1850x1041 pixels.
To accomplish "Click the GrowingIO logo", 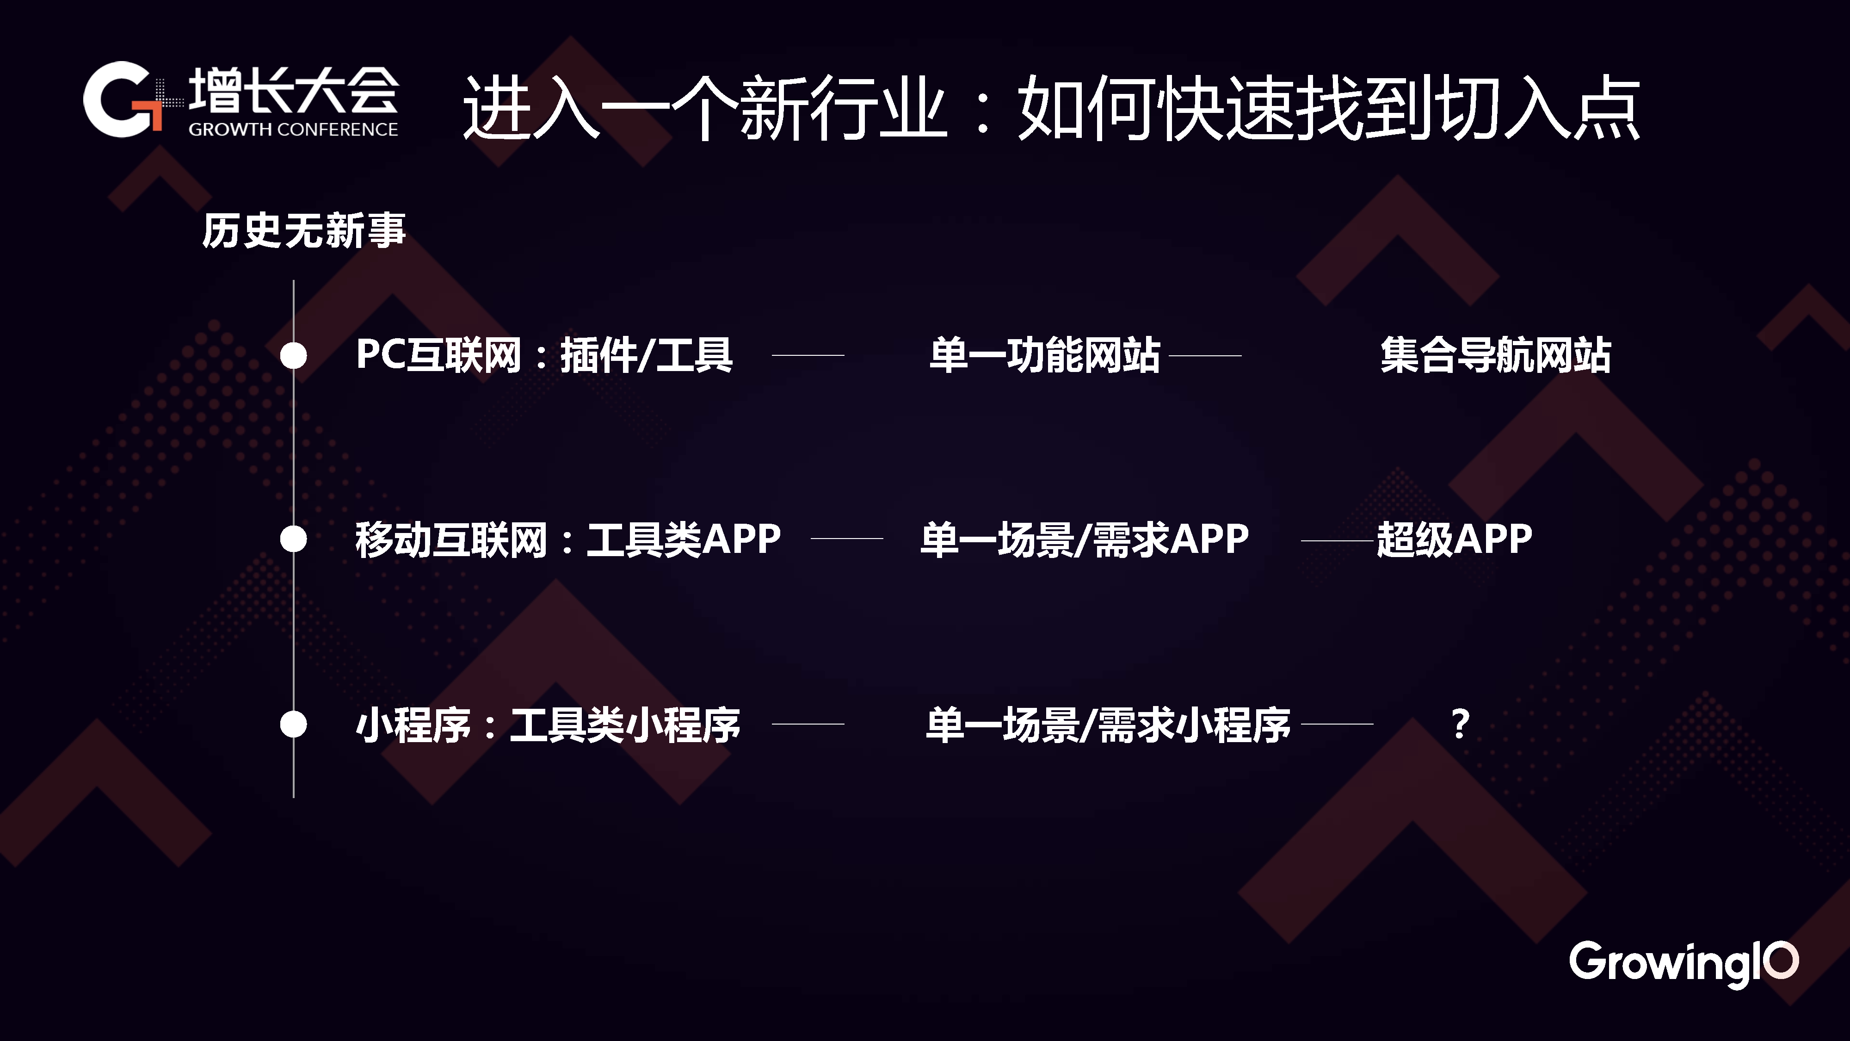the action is [x=1683, y=963].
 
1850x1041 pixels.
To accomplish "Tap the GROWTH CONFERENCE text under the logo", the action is [x=293, y=130].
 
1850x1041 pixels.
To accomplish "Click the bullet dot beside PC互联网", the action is [x=293, y=355].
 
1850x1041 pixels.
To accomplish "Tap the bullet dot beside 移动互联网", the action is [x=293, y=539].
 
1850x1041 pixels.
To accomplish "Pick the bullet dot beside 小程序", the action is [x=293, y=724].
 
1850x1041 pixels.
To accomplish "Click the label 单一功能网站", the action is [x=1045, y=355].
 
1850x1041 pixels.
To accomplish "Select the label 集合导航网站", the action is [x=1496, y=355].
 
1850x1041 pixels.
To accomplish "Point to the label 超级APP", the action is [x=1454, y=539].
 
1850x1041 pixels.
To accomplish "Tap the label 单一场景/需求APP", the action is [x=1085, y=539].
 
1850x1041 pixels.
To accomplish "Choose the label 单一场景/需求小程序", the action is [x=1108, y=724].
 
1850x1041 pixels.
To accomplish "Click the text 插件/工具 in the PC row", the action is [x=647, y=355].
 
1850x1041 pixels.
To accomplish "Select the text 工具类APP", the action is [x=684, y=539].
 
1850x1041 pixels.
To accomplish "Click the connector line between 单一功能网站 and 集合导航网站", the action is [x=1205, y=355].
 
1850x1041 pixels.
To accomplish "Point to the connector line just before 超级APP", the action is [x=1337, y=539].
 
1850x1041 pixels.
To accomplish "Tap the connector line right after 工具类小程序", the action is [x=808, y=724].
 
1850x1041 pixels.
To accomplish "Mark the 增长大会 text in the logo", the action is [x=293, y=91].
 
